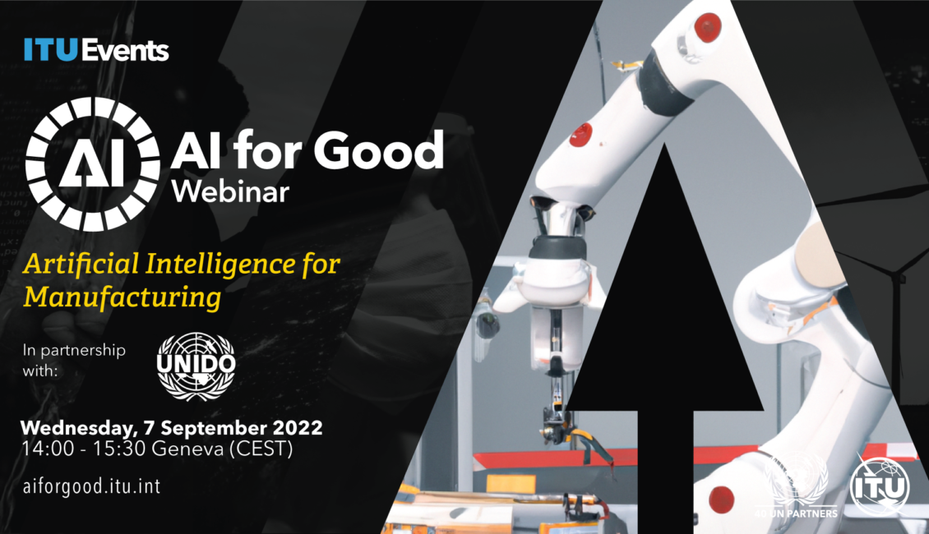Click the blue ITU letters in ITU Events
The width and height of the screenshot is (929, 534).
(51, 50)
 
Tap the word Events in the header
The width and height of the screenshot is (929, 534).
(125, 50)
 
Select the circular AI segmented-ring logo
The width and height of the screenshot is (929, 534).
(92, 164)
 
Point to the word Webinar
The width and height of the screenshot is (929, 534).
(230, 191)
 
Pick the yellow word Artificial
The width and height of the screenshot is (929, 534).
(81, 264)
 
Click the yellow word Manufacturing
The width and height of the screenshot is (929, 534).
(122, 297)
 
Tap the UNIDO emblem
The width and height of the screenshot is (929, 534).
(196, 366)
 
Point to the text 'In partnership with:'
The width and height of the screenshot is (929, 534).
(74, 360)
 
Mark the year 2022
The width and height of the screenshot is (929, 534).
(298, 427)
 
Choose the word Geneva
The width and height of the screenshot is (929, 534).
(187, 449)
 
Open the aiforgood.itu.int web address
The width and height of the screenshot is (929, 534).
(91, 486)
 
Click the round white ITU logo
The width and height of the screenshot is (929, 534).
(880, 487)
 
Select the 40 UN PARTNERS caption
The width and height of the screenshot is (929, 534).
(796, 513)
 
